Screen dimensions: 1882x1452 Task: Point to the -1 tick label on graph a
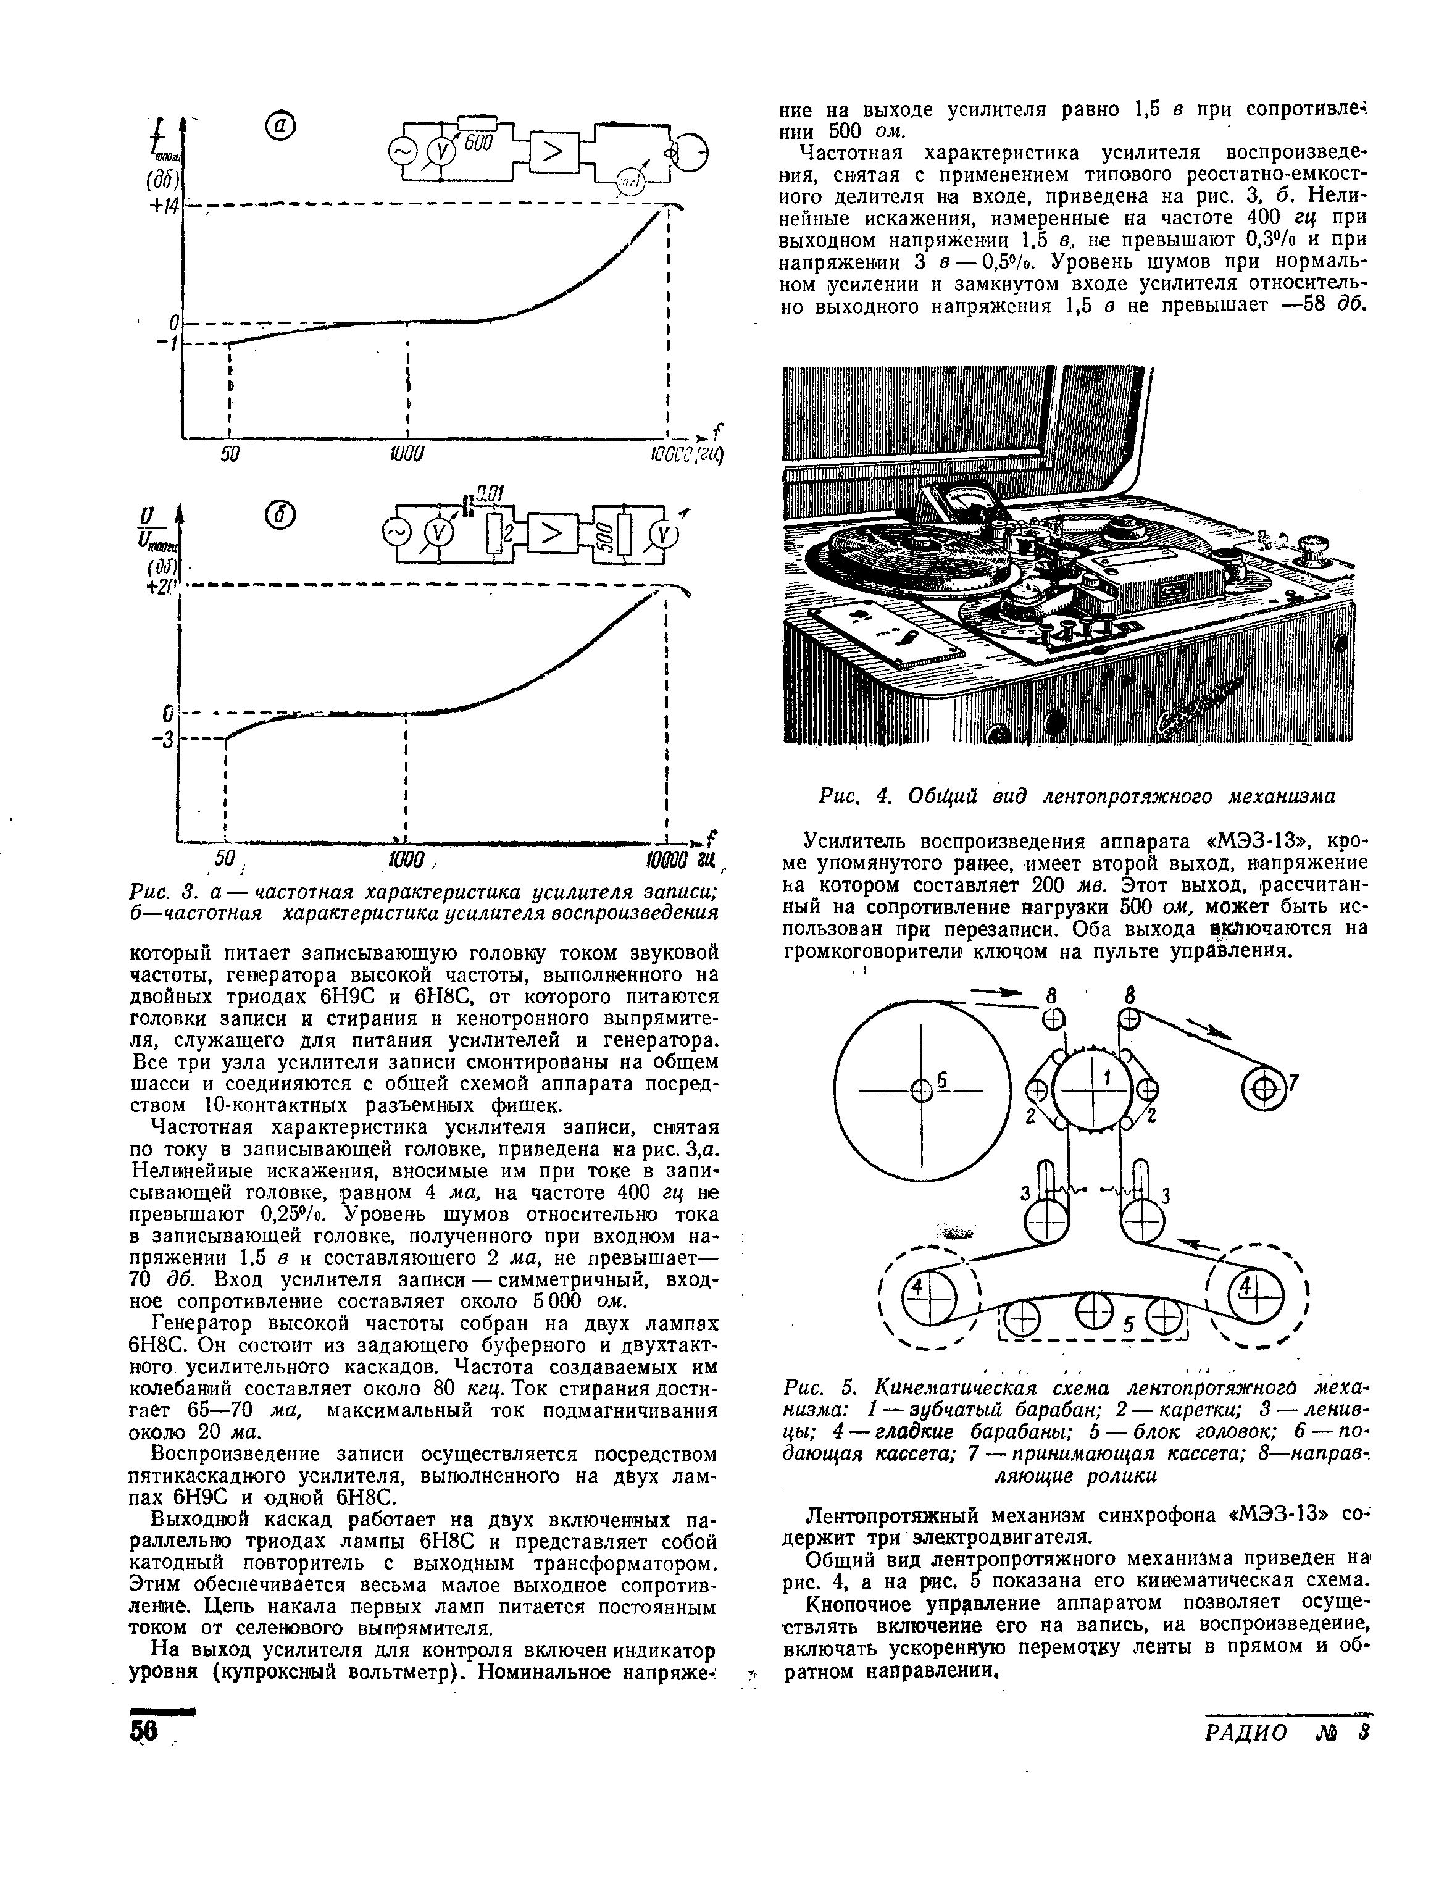(x=166, y=343)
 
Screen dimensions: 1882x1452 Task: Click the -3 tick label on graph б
(x=163, y=739)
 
